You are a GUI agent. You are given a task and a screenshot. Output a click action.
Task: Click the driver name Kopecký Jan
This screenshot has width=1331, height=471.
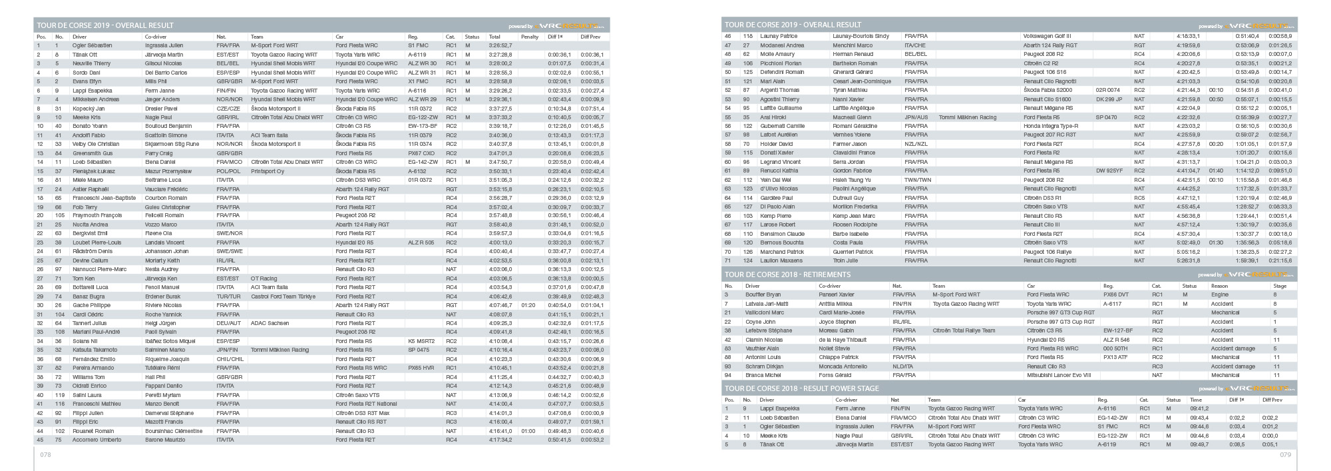click(89, 108)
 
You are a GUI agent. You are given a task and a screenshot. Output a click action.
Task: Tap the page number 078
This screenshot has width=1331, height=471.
click(45, 454)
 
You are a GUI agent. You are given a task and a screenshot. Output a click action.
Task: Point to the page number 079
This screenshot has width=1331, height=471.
click(1285, 454)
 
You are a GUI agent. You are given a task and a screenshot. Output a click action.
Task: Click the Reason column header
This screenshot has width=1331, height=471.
click(1219, 286)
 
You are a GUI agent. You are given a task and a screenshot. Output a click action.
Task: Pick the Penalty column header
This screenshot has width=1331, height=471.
click(530, 37)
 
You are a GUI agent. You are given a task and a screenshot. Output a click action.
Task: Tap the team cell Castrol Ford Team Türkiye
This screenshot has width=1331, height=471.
click(280, 296)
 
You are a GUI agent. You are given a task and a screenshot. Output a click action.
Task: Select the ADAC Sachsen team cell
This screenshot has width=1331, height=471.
click(270, 323)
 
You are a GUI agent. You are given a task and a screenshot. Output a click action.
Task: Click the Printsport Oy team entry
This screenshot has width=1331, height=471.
click(267, 171)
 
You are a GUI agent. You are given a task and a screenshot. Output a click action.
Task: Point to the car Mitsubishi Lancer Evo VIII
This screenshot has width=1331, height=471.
click(1059, 375)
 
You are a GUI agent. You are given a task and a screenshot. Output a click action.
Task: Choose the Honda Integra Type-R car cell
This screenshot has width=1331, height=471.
click(1051, 126)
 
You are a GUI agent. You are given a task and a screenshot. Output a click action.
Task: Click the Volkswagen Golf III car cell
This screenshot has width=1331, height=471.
click(1047, 36)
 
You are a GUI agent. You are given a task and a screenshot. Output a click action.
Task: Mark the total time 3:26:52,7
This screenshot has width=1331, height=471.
click(500, 45)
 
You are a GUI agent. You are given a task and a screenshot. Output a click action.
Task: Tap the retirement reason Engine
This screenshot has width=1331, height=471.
click(1220, 294)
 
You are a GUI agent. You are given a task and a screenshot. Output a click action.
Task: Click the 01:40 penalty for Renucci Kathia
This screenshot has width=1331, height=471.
click(1216, 171)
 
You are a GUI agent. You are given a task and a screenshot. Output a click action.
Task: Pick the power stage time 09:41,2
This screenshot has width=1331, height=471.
click(1199, 408)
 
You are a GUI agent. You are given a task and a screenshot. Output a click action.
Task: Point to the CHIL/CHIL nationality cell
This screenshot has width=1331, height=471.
click(230, 359)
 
